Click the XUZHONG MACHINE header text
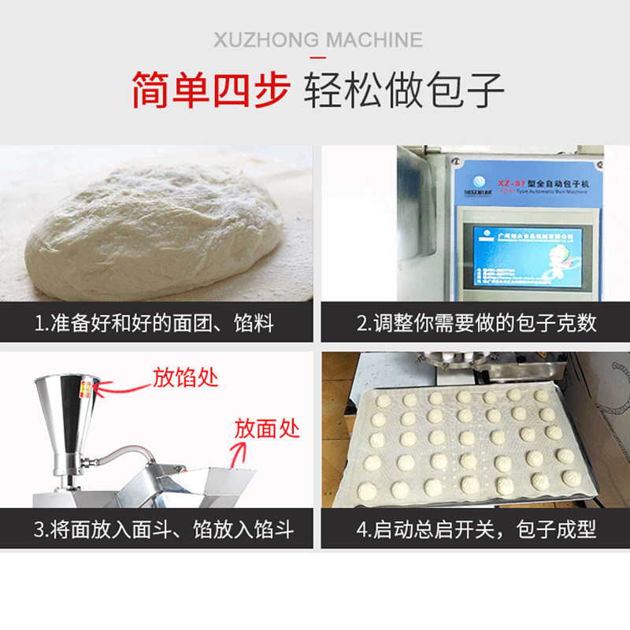tap(317, 40)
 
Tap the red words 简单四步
tap(210, 89)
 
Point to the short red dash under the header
tap(317, 58)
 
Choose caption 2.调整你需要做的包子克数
tap(477, 324)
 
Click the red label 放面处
tap(267, 429)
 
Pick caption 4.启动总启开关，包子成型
tap(477, 529)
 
